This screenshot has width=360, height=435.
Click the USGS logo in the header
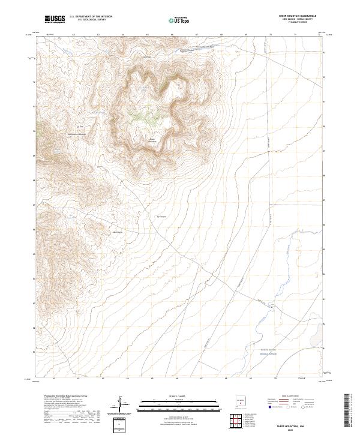coord(55,19)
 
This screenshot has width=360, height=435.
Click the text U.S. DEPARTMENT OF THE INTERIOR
coord(91,16)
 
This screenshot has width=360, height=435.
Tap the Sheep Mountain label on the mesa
coord(152,142)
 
